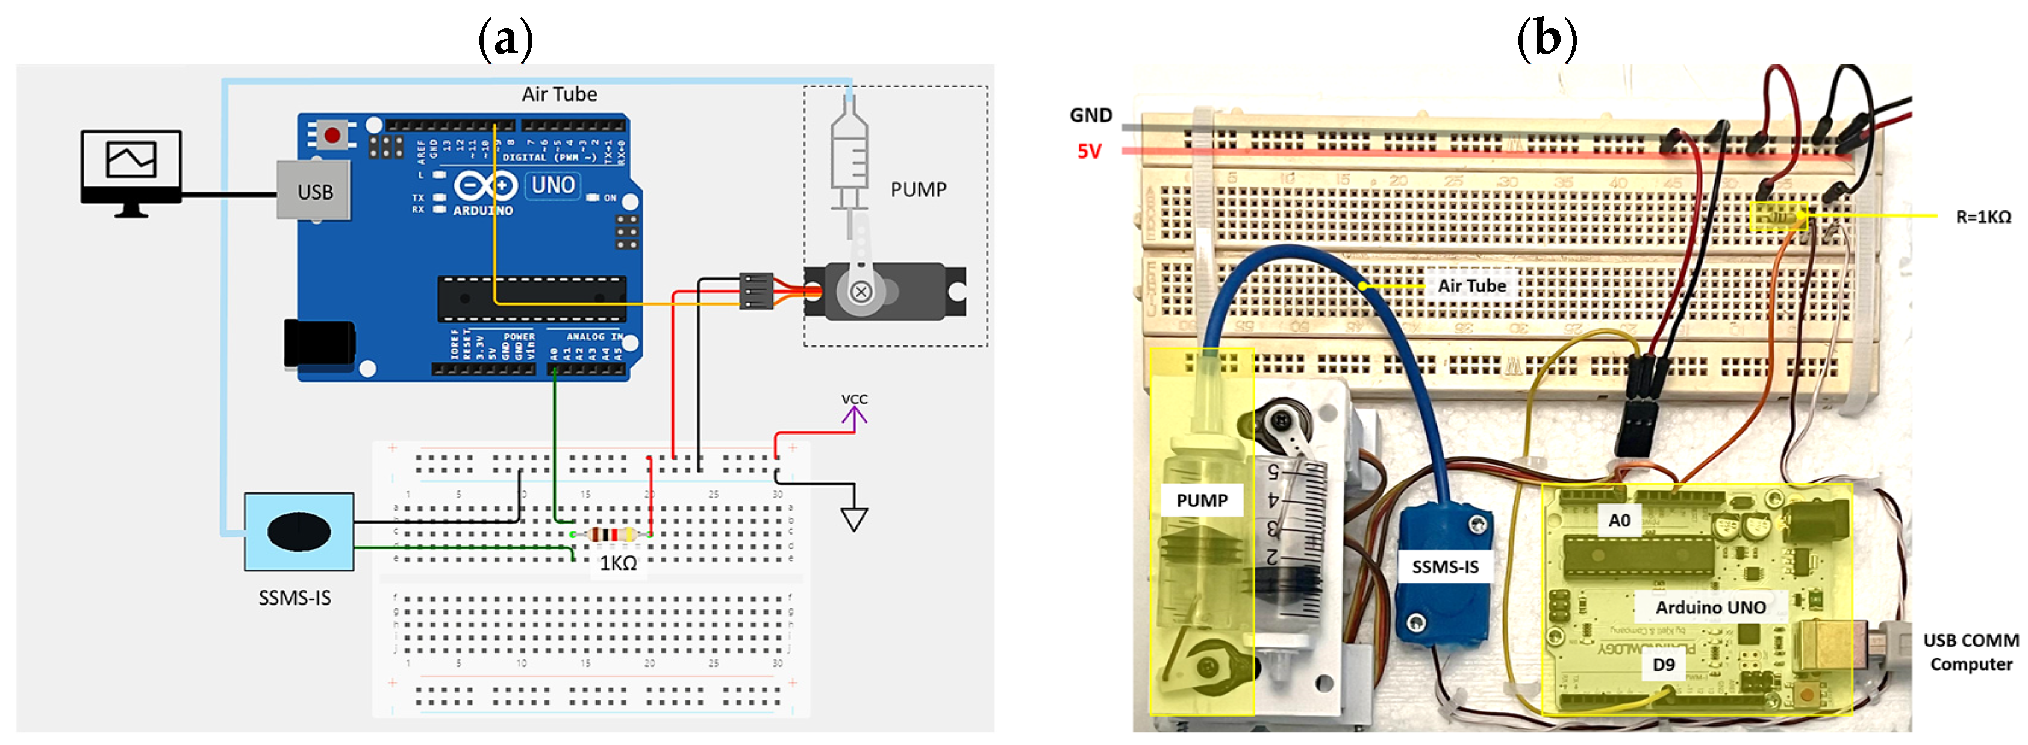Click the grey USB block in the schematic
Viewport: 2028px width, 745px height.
pyautogui.click(x=314, y=191)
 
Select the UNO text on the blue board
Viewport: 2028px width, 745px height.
pyautogui.click(x=553, y=185)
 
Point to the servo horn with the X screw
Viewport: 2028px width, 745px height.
pyautogui.click(x=861, y=291)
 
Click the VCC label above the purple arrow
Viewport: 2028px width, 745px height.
pyautogui.click(x=854, y=399)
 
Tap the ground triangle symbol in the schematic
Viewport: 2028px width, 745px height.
pyautogui.click(x=854, y=519)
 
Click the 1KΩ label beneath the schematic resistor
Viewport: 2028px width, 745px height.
pyautogui.click(x=618, y=563)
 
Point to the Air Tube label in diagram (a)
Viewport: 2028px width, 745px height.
pyautogui.click(x=559, y=95)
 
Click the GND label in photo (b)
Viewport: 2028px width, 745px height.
pyautogui.click(x=1090, y=116)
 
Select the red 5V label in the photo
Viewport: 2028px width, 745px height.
pyautogui.click(x=1089, y=151)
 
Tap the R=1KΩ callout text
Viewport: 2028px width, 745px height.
pyautogui.click(x=1983, y=216)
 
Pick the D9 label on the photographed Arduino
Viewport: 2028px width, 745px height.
pyautogui.click(x=1663, y=665)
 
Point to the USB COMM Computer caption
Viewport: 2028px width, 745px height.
pyautogui.click(x=1971, y=652)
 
